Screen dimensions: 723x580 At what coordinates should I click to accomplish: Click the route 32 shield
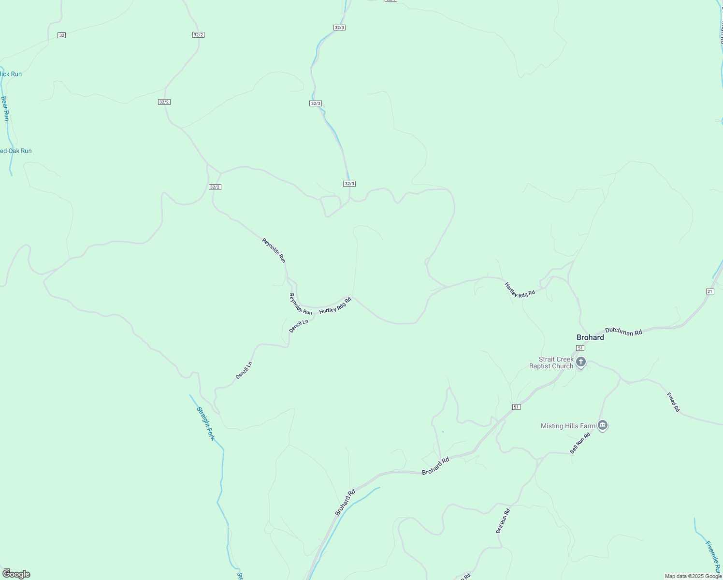(x=61, y=35)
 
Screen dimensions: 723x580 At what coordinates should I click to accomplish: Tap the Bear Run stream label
(x=5, y=108)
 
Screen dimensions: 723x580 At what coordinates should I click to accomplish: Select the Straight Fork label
(x=205, y=423)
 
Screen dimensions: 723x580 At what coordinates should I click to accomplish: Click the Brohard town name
(x=590, y=337)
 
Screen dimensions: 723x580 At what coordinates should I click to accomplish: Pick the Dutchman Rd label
(x=623, y=331)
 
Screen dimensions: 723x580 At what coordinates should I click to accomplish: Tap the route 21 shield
(x=709, y=291)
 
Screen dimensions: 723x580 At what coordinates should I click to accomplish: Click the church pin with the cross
(x=581, y=362)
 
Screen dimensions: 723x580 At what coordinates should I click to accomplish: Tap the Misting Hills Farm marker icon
(x=602, y=425)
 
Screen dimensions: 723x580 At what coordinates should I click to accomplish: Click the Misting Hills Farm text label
(x=568, y=426)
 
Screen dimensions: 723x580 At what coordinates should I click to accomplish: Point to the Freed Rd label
(x=673, y=402)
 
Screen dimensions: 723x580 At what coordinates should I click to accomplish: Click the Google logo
(x=16, y=574)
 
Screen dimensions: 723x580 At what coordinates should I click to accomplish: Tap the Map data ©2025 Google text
(x=693, y=576)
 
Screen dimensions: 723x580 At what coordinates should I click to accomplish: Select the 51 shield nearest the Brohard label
(x=580, y=348)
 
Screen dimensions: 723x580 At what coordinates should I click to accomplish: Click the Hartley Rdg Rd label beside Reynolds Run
(x=335, y=305)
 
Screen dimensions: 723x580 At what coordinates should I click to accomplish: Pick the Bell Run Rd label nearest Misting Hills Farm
(x=580, y=443)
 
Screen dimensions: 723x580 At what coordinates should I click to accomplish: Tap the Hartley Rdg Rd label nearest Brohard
(x=520, y=290)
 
